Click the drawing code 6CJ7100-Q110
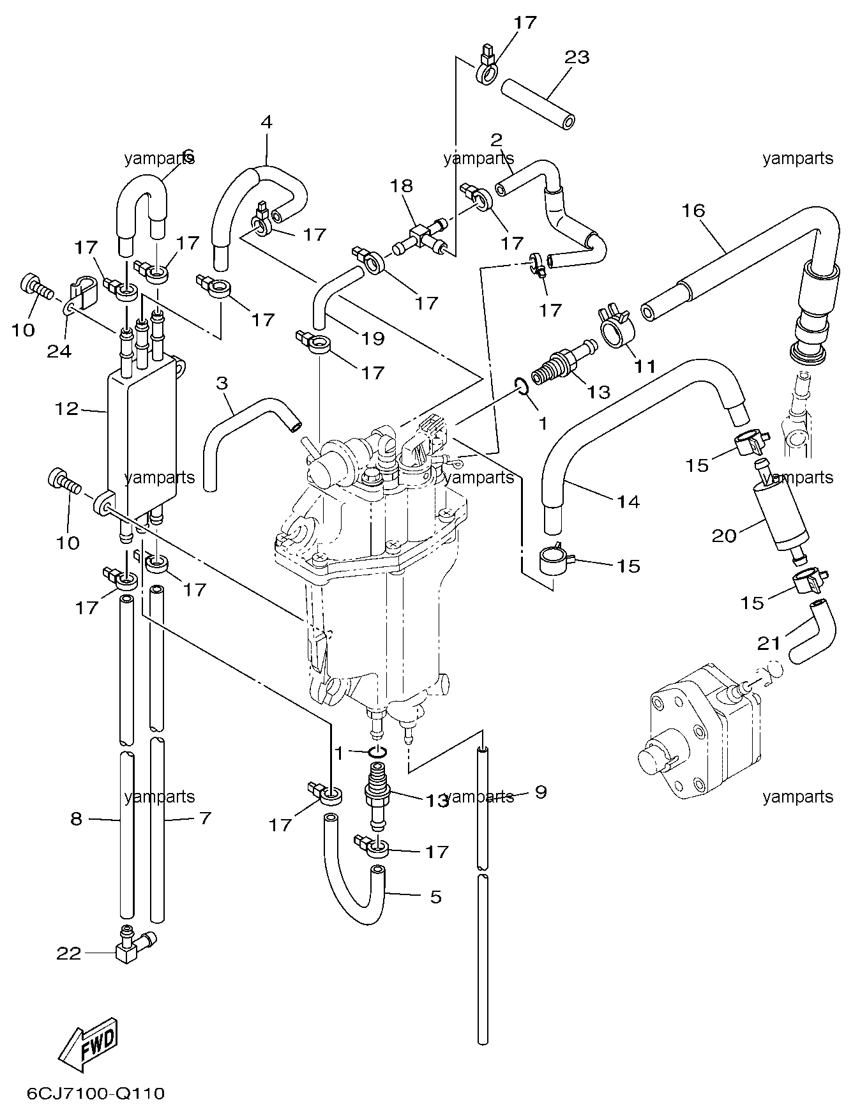[96, 1094]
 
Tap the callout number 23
[577, 57]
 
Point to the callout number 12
[66, 409]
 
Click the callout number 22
[69, 953]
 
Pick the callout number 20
[725, 535]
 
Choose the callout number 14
[628, 502]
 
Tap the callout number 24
[59, 351]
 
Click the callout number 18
[402, 186]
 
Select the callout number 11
[645, 366]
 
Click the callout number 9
[541, 792]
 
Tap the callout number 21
[769, 644]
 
